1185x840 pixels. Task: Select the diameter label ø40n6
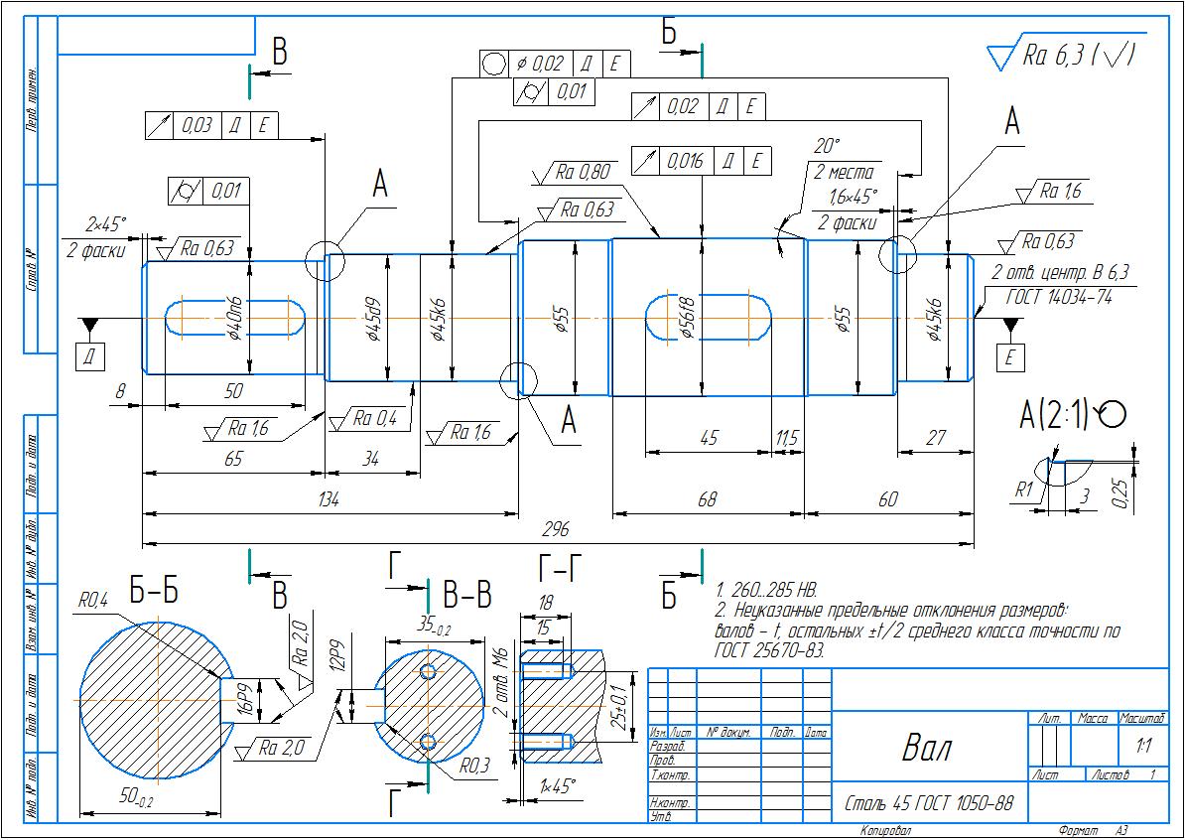[x=235, y=319]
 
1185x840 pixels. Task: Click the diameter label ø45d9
[x=373, y=319]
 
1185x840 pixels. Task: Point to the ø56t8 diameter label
[x=685, y=319]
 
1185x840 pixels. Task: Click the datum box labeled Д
[x=89, y=356]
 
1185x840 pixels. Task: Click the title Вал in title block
[x=926, y=749]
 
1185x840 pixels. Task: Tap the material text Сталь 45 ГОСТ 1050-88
[x=928, y=802]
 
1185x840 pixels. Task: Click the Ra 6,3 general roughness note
[x=1077, y=56]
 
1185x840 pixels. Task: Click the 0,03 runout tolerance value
[x=197, y=125]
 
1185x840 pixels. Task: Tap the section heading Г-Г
[x=560, y=570]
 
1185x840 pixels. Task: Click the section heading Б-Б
[x=154, y=593]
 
